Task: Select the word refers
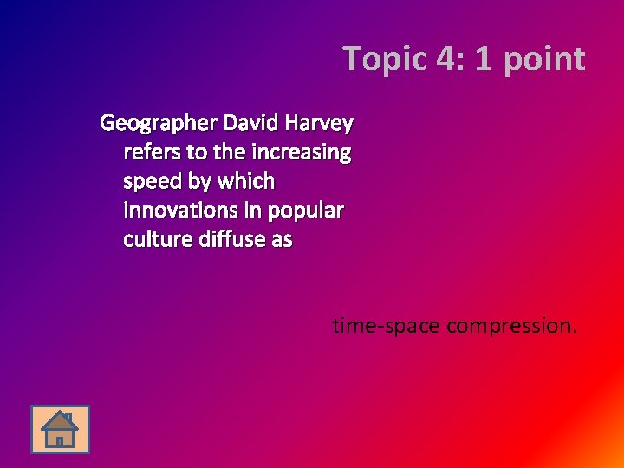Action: [x=153, y=153]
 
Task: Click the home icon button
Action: [x=60, y=429]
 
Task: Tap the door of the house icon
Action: [x=60, y=439]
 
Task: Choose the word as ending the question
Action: [x=282, y=238]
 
